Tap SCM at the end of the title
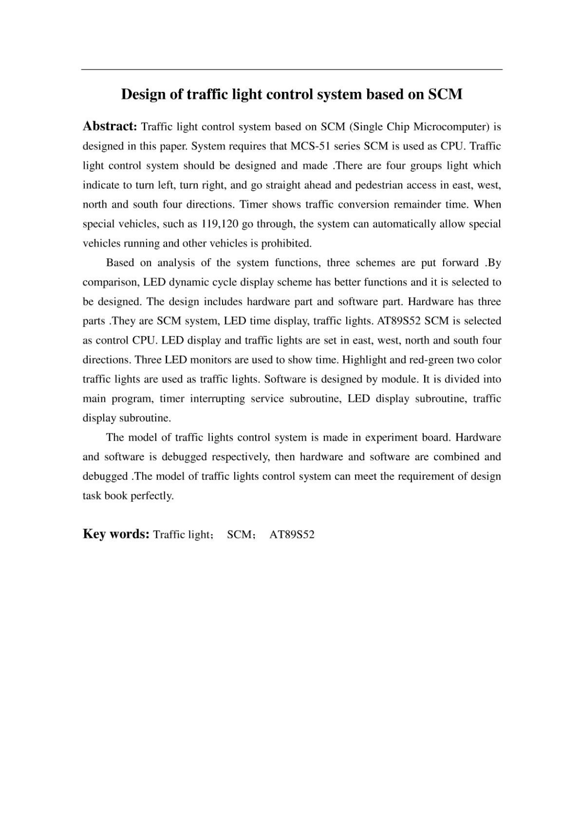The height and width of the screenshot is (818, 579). [445, 95]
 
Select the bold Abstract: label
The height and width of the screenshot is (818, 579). [110, 126]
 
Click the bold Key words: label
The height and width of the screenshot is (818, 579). [116, 534]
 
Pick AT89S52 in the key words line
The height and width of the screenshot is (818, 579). [292, 534]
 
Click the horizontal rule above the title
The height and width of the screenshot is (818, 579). [292, 70]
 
